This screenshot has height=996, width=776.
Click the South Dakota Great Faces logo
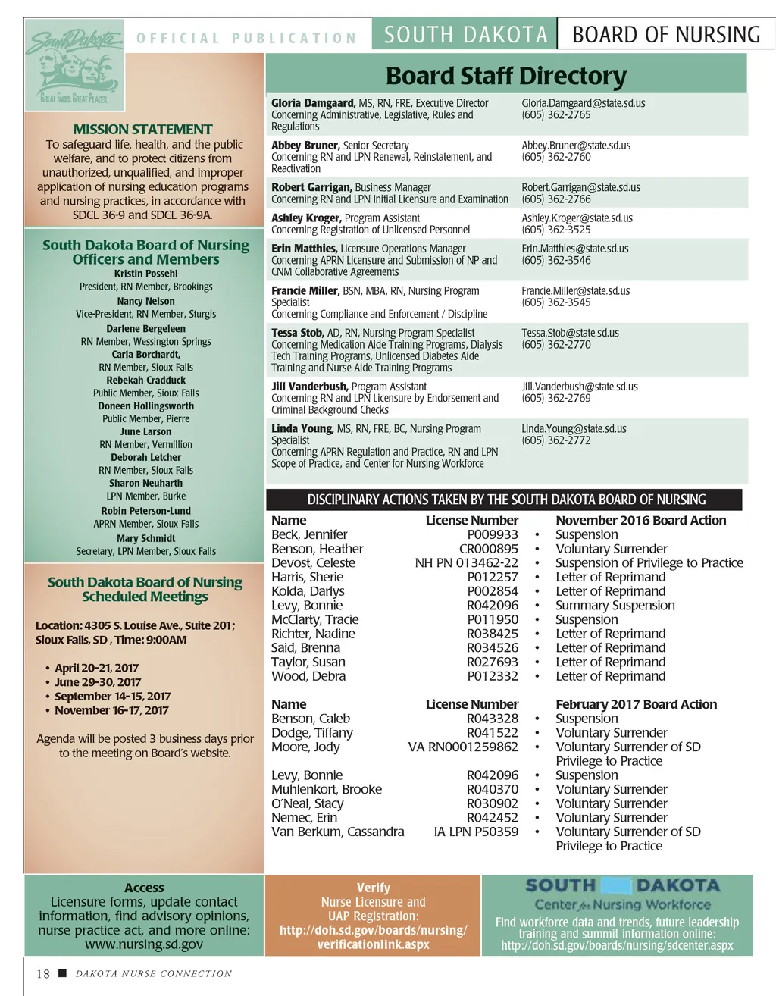[74, 65]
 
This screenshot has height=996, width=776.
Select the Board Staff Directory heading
[505, 76]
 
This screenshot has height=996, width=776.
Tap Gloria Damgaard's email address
[583, 103]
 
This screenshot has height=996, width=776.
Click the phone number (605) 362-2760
[555, 157]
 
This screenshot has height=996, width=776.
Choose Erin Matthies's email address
[574, 249]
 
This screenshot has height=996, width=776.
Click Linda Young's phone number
[555, 440]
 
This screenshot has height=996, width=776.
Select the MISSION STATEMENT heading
[142, 130]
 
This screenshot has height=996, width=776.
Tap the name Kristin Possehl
[145, 274]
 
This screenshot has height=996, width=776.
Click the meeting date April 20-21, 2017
[96, 668]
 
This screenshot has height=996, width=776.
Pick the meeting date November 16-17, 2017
[111, 710]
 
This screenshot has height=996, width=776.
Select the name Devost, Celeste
[313, 562]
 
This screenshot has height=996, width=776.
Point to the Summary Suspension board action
[615, 605]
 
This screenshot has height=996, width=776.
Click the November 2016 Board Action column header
[640, 520]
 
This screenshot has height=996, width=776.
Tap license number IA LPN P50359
[475, 832]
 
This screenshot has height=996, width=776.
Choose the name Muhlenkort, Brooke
[326, 789]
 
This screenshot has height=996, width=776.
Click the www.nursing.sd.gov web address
[144, 944]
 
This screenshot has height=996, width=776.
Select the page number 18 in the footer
[42, 974]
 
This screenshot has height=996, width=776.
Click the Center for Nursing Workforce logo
[622, 894]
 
